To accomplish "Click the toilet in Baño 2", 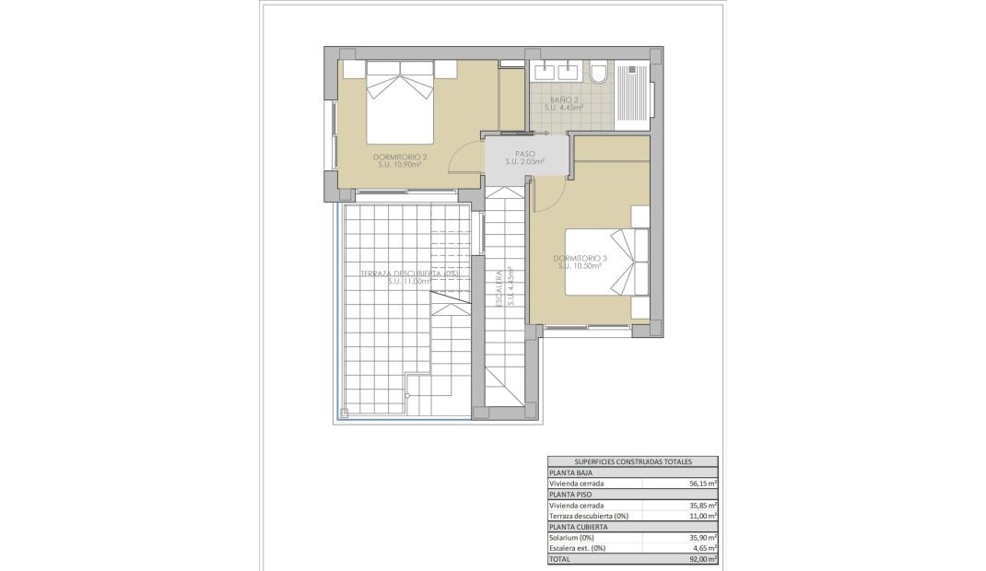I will click(x=598, y=72).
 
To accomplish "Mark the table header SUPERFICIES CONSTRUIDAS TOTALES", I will click(x=632, y=461).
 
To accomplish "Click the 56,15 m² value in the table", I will click(x=703, y=483).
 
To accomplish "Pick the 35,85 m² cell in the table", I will click(x=703, y=505).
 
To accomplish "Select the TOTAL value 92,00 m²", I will click(x=703, y=558).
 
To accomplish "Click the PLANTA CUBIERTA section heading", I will click(x=578, y=526).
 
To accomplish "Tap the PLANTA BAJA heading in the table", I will click(x=570, y=472).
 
